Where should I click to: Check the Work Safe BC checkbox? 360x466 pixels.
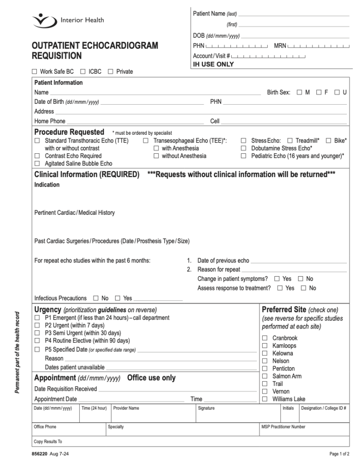pyautogui.click(x=35, y=71)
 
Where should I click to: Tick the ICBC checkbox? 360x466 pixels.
pyautogui.click(x=83, y=71)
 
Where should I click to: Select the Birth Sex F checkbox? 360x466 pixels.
pyautogui.click(x=319, y=92)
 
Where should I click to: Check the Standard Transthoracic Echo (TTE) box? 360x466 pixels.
pyautogui.click(x=37, y=141)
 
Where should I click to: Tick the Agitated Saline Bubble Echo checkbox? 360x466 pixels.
pyautogui.click(x=37, y=163)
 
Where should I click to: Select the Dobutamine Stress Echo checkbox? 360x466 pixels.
pyautogui.click(x=244, y=148)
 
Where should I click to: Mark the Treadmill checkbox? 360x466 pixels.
pyautogui.click(x=290, y=141)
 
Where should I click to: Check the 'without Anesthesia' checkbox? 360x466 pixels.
pyautogui.click(x=156, y=156)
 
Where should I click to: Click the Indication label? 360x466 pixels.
pyautogui.click(x=47, y=185)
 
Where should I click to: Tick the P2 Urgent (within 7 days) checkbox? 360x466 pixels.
pyautogui.click(x=37, y=325)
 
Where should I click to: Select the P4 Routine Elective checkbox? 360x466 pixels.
pyautogui.click(x=37, y=340)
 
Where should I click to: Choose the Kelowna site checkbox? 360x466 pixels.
pyautogui.click(x=264, y=354)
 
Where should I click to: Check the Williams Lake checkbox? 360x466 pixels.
pyautogui.click(x=264, y=399)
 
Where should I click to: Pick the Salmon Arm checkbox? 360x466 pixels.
pyautogui.click(x=264, y=376)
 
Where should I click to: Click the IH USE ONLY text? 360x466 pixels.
pyautogui.click(x=213, y=65)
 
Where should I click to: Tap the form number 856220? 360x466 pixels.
pyautogui.click(x=40, y=454)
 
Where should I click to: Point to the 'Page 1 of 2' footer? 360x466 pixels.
pyautogui.click(x=339, y=454)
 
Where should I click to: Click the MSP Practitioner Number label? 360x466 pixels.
pyautogui.click(x=283, y=427)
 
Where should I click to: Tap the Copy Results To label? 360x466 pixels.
pyautogui.click(x=48, y=441)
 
